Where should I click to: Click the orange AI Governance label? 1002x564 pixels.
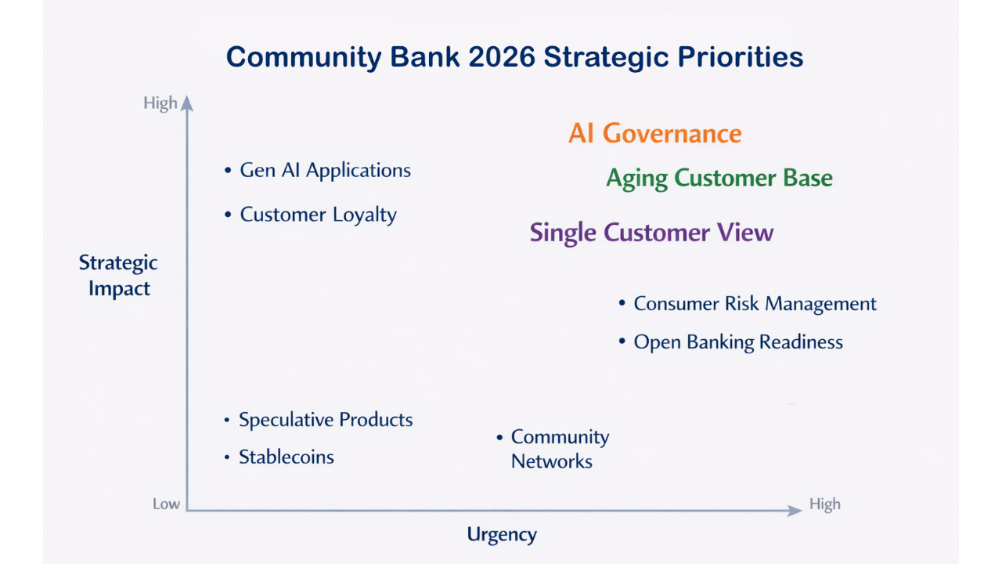click(x=655, y=133)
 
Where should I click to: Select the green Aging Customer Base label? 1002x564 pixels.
click(x=719, y=179)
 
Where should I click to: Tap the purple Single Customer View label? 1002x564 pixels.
click(x=652, y=233)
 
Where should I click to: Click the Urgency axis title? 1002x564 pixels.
click(x=502, y=535)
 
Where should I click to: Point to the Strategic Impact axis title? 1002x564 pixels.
click(x=118, y=275)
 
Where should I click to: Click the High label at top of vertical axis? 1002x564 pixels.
click(x=160, y=103)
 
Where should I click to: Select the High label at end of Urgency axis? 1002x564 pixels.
click(x=825, y=504)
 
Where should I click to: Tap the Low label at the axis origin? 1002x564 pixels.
click(x=166, y=504)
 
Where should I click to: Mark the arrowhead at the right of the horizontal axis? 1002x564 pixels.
click(x=795, y=510)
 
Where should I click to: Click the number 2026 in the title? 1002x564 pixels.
click(x=502, y=57)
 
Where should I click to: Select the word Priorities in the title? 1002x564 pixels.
click(x=741, y=57)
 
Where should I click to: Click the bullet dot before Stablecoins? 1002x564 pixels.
click(x=227, y=457)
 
